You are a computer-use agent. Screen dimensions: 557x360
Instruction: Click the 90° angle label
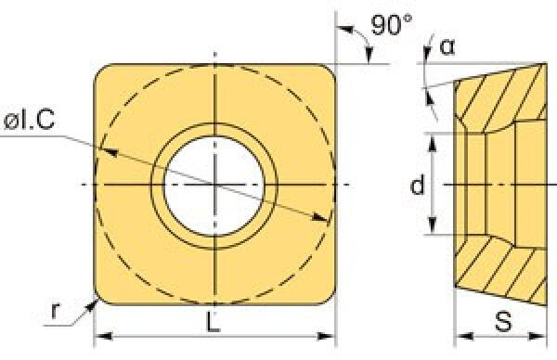(x=392, y=25)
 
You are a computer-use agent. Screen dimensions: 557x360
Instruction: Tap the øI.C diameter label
(x=29, y=120)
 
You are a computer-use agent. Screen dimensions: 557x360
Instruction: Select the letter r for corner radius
(x=55, y=310)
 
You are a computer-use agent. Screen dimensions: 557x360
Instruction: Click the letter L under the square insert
(x=214, y=322)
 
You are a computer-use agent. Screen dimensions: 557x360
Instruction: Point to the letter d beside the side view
(x=417, y=185)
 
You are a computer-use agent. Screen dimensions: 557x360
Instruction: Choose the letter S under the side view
(x=503, y=322)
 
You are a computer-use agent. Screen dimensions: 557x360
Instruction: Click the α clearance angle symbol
(x=447, y=46)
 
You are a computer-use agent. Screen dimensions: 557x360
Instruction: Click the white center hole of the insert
(x=214, y=186)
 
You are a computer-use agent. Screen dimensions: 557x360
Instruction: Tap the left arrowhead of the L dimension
(x=103, y=336)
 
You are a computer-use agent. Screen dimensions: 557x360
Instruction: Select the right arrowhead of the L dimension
(x=326, y=336)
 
